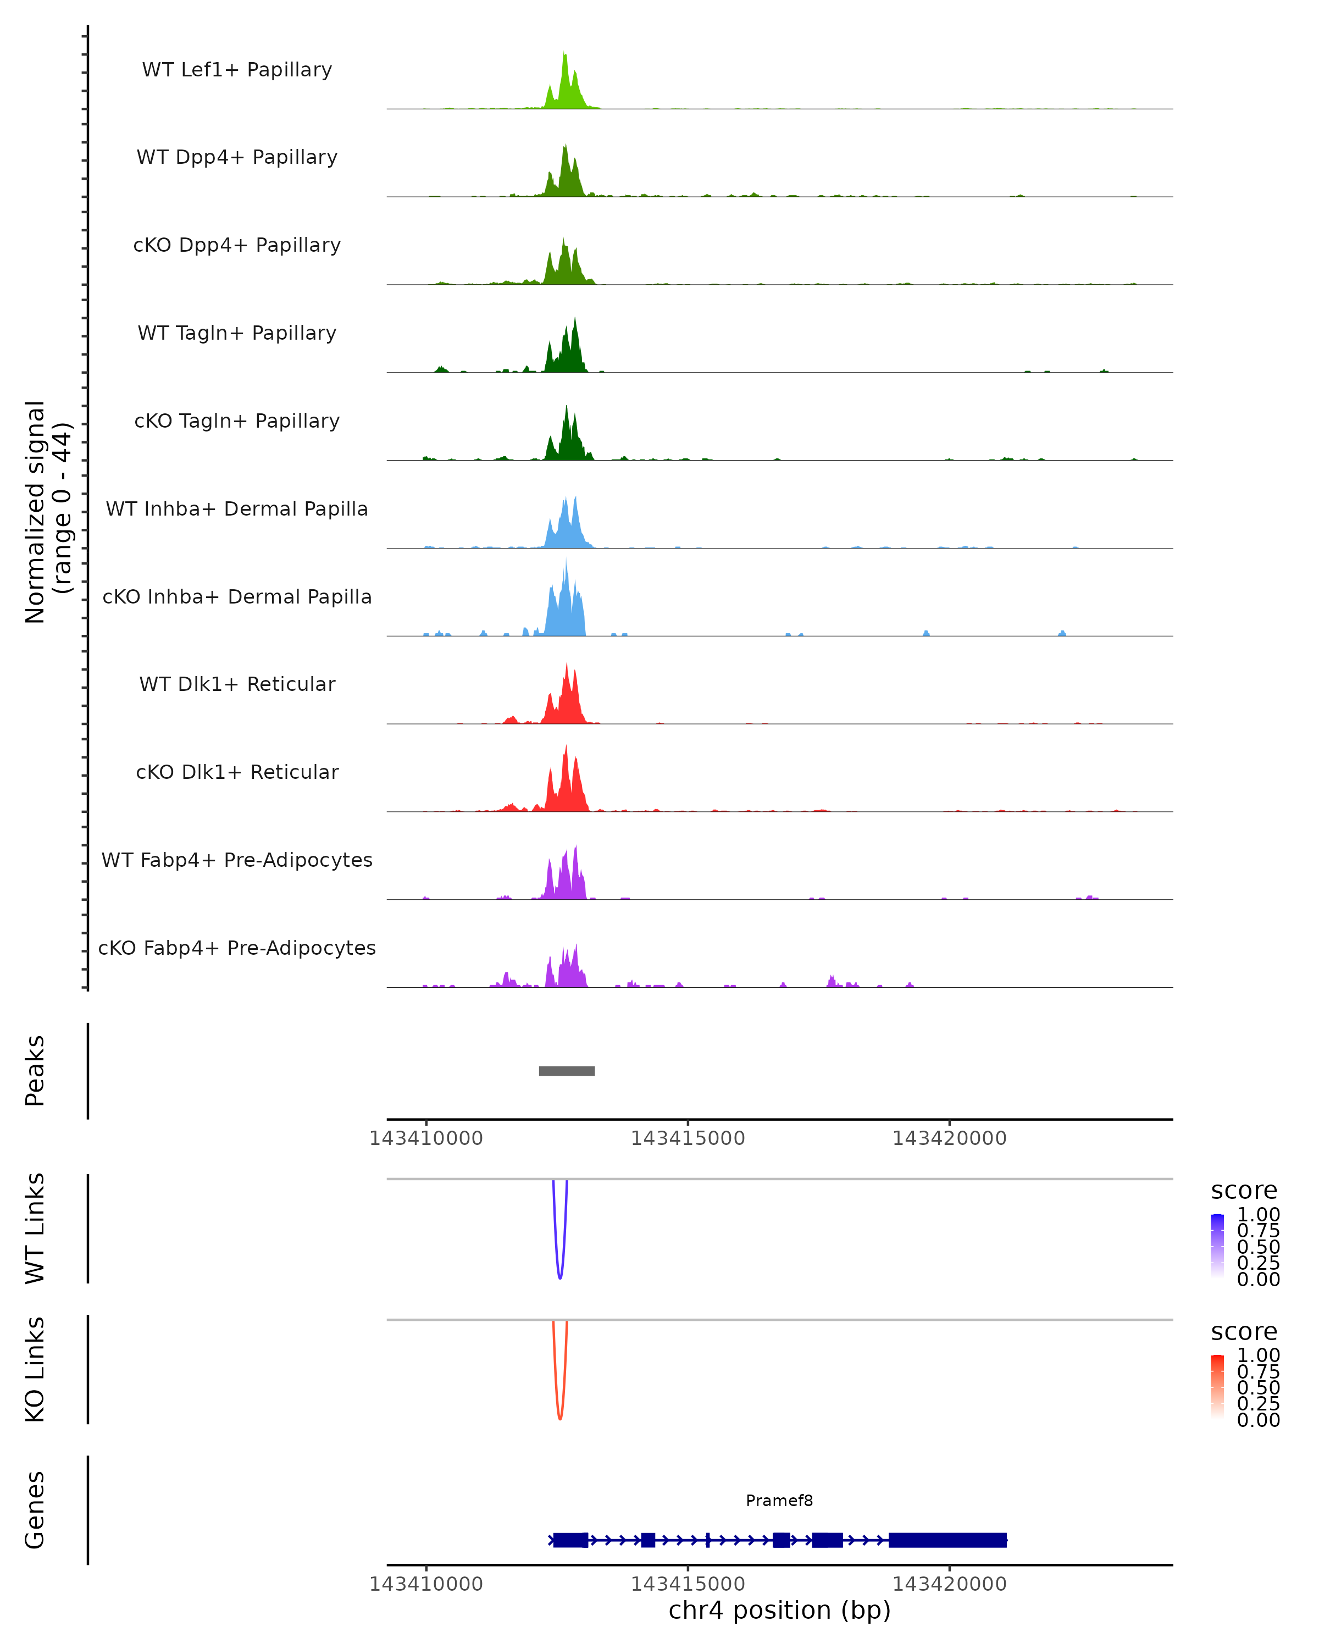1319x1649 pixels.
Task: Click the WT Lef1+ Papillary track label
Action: click(237, 70)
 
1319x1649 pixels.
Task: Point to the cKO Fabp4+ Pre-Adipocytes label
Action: click(237, 948)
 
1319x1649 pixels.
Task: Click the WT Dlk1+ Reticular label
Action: click(237, 684)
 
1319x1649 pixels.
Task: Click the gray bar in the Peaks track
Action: click(567, 1071)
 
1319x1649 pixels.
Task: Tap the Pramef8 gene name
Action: click(779, 1501)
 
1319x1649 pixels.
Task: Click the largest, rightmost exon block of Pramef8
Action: click(947, 1540)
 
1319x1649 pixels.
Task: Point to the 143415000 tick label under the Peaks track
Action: click(688, 1138)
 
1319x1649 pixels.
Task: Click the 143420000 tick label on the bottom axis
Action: click(949, 1584)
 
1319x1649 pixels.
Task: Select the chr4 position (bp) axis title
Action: click(779, 1611)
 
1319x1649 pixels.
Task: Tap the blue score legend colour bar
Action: click(1217, 1246)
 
